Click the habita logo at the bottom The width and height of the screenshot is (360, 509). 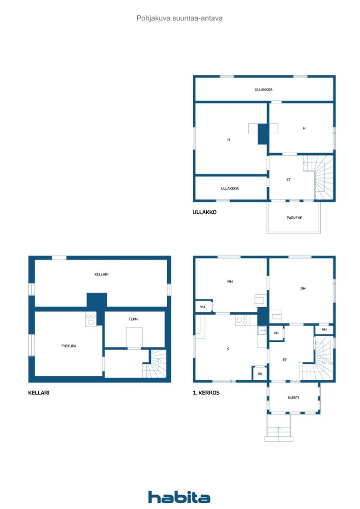click(x=179, y=497)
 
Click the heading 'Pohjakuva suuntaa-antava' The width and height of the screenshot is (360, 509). click(x=180, y=18)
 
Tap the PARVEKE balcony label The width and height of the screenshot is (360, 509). click(x=294, y=218)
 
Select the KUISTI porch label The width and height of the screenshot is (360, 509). click(x=293, y=398)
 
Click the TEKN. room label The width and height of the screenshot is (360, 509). click(x=134, y=319)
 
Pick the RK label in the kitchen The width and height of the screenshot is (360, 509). click(x=260, y=374)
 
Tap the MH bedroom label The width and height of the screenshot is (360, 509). click(x=230, y=282)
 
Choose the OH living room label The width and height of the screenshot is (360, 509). click(x=302, y=288)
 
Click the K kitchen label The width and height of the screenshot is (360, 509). click(x=228, y=348)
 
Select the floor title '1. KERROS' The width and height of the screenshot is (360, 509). click(x=206, y=393)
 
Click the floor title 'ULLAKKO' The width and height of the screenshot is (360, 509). click(x=204, y=212)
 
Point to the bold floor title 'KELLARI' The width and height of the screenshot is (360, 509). click(x=39, y=393)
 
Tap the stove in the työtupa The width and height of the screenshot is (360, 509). click(x=90, y=319)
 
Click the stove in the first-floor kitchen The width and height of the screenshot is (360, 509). click(x=242, y=321)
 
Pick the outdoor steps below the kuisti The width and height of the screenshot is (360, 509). click(x=278, y=429)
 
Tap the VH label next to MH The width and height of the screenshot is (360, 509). click(x=203, y=307)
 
